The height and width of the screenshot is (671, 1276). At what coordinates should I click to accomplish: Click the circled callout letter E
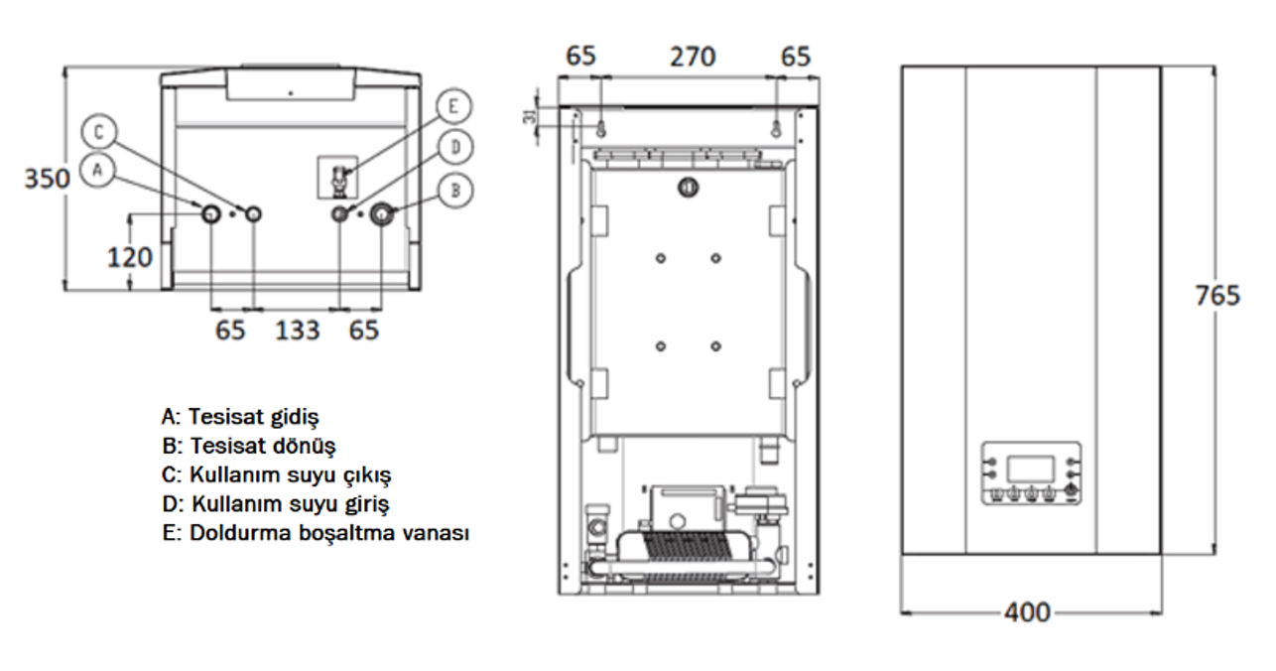[453, 106]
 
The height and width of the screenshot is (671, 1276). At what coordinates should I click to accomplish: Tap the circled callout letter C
[99, 131]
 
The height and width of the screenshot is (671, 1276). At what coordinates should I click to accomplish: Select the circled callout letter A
[96, 170]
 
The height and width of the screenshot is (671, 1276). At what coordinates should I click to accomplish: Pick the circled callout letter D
[455, 147]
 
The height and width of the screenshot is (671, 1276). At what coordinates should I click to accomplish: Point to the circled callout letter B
[454, 189]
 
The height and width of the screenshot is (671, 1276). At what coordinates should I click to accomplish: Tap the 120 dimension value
[131, 257]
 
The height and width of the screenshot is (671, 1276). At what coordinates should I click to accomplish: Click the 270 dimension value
[691, 57]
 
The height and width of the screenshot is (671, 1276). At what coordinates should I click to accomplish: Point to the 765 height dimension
[1216, 295]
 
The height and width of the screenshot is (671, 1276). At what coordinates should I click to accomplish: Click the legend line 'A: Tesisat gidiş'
[240, 414]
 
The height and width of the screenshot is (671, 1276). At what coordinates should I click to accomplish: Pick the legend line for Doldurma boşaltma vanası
[315, 533]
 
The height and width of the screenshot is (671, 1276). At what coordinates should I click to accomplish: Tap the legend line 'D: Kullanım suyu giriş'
[275, 503]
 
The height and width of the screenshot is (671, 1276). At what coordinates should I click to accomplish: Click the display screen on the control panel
[1031, 467]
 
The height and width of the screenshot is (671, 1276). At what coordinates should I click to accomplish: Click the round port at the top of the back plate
[688, 187]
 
